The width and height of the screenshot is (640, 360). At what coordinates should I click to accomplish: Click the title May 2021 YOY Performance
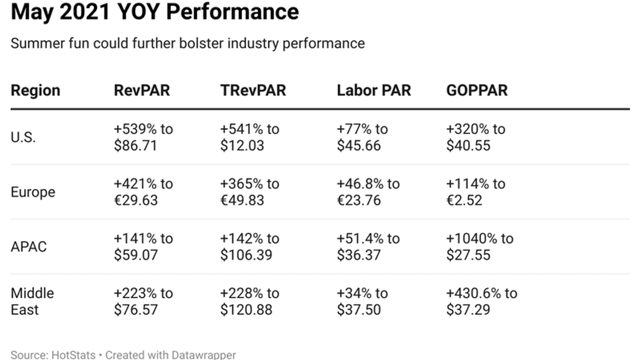click(x=154, y=11)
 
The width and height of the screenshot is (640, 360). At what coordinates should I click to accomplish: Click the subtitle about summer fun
click(x=188, y=43)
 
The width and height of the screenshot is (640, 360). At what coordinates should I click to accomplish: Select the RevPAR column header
click(x=141, y=91)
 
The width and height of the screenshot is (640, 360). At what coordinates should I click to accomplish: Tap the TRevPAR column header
click(x=253, y=91)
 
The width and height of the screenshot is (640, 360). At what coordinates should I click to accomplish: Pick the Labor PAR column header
click(x=374, y=91)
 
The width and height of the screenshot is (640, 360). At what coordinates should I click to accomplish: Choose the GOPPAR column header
click(x=477, y=91)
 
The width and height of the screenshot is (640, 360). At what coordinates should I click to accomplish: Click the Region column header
click(x=35, y=91)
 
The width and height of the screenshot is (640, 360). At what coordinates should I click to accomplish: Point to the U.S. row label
click(x=23, y=137)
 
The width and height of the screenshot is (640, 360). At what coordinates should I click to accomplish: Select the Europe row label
click(x=33, y=192)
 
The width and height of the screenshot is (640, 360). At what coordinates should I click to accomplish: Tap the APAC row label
click(x=29, y=247)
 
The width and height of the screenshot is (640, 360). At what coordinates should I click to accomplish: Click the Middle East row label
click(x=32, y=301)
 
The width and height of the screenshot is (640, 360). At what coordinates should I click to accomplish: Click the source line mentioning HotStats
click(x=123, y=355)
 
